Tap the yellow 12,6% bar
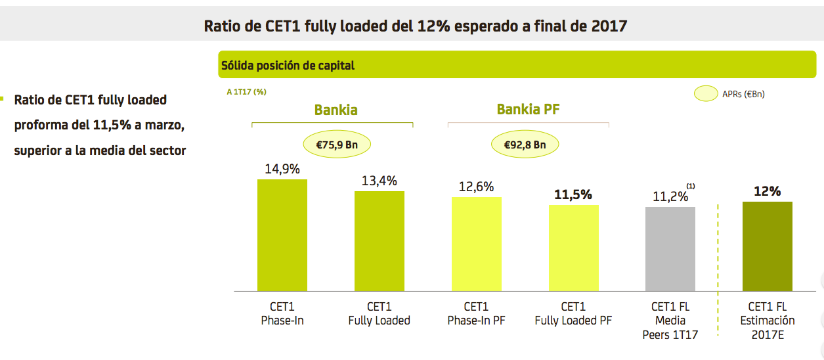[476, 244]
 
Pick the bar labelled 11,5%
[573, 248]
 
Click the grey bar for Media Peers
[670, 249]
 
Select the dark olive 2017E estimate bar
[767, 246]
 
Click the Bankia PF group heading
[528, 109]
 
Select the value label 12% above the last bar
[767, 191]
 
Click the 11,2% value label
[670, 196]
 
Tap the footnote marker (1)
[690, 186]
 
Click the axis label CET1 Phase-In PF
[476, 313]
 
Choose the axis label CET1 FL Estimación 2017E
[767, 321]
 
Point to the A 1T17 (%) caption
[246, 92]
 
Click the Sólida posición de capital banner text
[288, 65]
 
